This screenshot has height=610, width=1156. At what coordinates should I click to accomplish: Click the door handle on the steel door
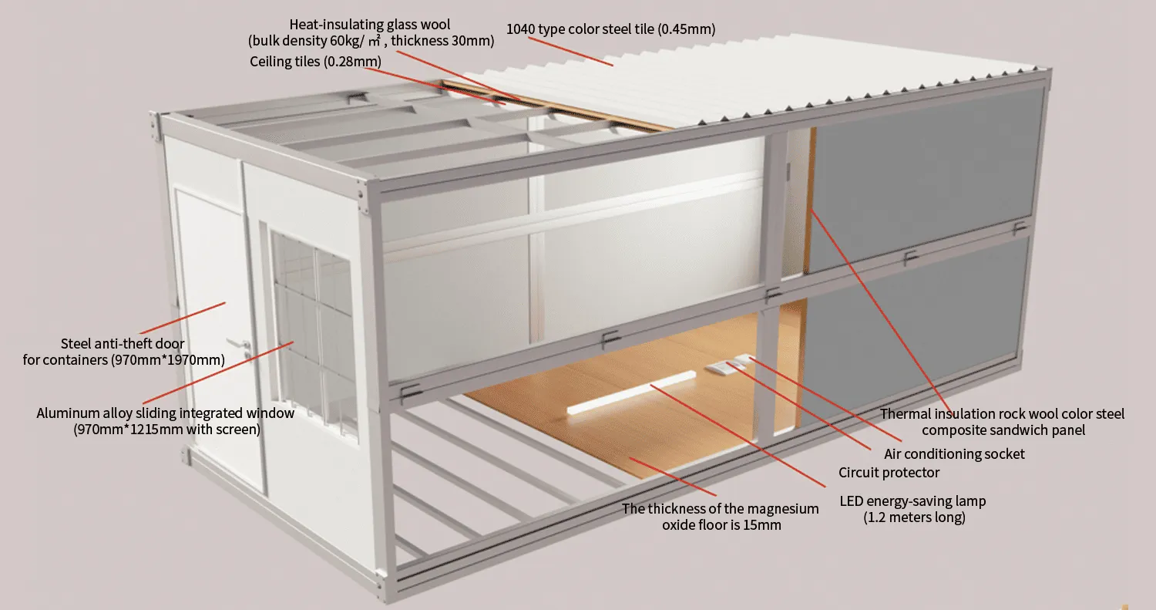coord(240,345)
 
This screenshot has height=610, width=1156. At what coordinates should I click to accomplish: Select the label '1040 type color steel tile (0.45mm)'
coord(610,30)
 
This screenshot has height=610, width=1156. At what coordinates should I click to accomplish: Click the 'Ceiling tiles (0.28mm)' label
coord(315,61)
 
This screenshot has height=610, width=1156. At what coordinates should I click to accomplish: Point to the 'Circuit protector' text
coord(889,472)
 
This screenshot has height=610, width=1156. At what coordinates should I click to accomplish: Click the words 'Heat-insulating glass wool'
coord(370,25)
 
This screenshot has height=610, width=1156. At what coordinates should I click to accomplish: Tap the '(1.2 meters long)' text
coord(913,517)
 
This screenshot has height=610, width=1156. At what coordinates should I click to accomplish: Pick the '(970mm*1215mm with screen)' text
coord(166,429)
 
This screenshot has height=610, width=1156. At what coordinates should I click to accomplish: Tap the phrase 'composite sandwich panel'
coord(1003,430)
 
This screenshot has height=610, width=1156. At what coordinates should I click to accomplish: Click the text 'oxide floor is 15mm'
coord(721,525)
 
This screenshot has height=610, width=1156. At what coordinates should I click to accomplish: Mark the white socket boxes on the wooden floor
coord(728,366)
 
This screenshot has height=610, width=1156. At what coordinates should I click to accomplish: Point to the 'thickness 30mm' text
coord(447,42)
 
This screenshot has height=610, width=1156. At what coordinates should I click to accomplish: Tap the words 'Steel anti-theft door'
coord(123,343)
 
